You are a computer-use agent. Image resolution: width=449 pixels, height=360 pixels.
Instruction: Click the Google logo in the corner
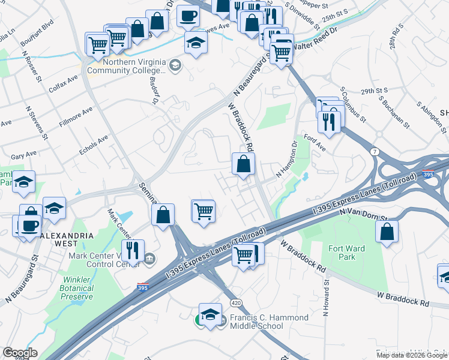click(x=20, y=353)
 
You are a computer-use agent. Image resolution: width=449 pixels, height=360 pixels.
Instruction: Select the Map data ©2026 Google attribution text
click(x=411, y=355)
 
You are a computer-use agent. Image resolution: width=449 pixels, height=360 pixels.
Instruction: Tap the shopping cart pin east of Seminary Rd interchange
click(x=203, y=211)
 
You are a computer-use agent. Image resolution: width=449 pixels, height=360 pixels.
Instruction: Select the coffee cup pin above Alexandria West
click(x=29, y=226)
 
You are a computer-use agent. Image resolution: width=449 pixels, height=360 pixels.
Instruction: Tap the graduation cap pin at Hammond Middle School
click(x=210, y=314)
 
